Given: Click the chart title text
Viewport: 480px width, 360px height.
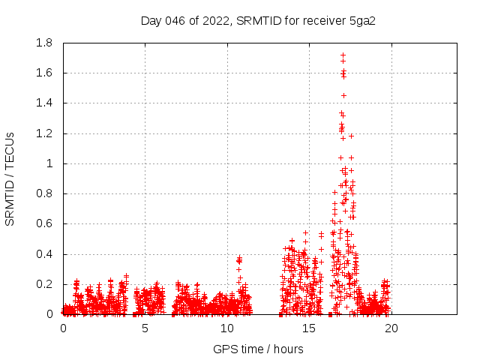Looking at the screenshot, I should tap(257, 20).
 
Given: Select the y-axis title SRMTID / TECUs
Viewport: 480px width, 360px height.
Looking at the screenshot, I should tap(10, 178).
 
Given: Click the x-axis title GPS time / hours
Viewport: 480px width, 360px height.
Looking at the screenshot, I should tap(258, 349).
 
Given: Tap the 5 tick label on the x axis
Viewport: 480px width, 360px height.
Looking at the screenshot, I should tap(145, 328).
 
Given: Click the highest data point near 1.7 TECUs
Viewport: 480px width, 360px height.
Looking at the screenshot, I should tap(343, 55).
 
